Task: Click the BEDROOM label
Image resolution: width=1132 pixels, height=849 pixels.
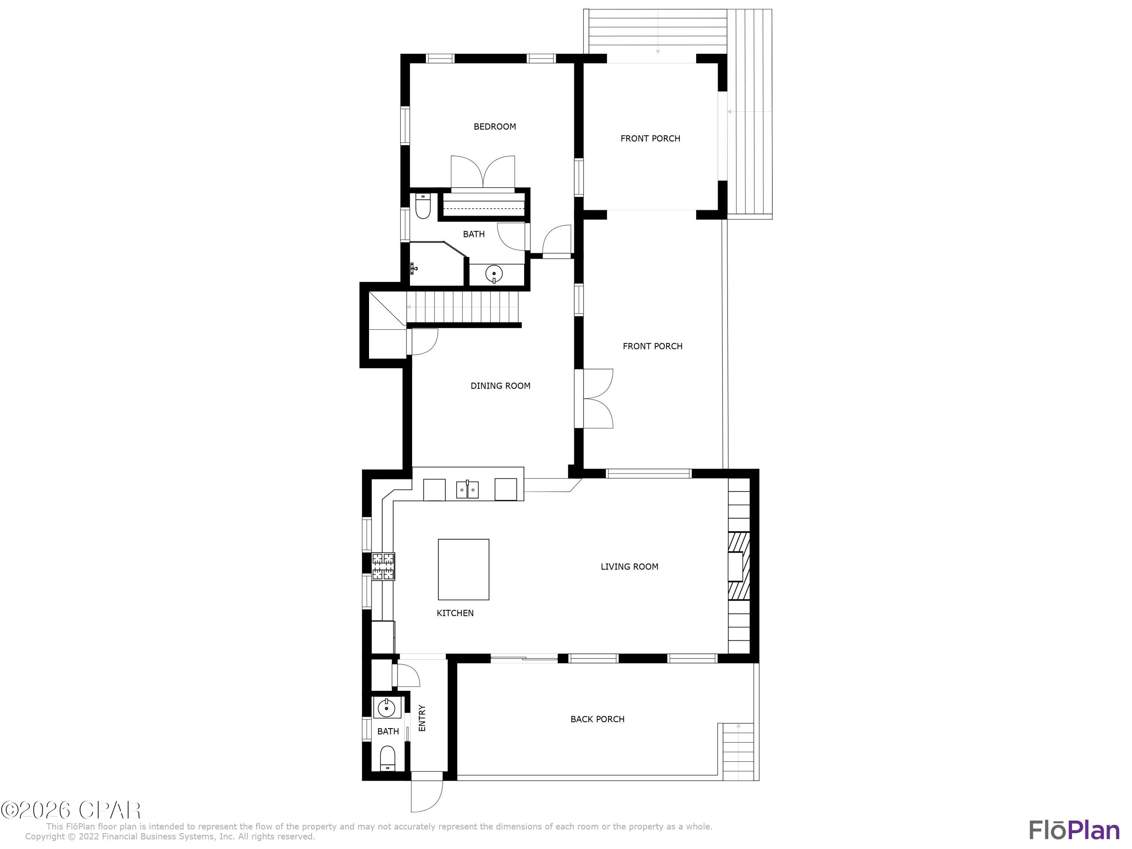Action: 494,126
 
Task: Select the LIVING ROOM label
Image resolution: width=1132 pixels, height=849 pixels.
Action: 629,566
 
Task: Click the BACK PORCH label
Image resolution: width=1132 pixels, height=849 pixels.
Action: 597,719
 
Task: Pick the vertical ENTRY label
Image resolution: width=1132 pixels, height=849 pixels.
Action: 422,718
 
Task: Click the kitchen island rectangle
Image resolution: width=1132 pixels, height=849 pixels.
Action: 463,569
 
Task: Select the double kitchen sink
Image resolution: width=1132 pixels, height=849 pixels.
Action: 467,490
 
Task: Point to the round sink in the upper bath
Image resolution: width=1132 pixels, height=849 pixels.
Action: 494,274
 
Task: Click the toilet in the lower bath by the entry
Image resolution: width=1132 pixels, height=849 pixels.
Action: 388,758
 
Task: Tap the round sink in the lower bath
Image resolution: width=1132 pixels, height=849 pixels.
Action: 386,709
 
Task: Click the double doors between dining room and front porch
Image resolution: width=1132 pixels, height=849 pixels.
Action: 594,399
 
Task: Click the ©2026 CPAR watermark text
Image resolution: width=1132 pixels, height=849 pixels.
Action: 71,810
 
